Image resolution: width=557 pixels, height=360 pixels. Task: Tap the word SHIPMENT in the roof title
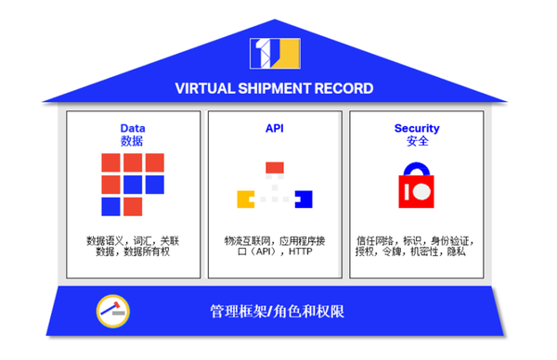click(x=276, y=89)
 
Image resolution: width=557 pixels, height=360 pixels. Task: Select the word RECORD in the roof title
click(x=344, y=89)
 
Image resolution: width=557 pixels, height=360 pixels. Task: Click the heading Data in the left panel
click(x=133, y=128)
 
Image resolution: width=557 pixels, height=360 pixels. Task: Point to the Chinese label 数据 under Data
click(x=133, y=141)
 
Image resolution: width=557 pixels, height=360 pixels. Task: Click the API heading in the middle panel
click(x=274, y=128)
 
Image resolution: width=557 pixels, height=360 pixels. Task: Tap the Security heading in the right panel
click(x=416, y=128)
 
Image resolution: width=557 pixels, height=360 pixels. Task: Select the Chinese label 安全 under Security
click(x=416, y=141)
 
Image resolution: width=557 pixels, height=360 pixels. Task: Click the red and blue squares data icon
click(x=133, y=184)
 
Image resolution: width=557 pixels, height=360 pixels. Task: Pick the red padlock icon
click(x=417, y=188)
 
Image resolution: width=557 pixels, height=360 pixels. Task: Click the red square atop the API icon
click(x=274, y=168)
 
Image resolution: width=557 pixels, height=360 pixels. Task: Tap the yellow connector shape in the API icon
click(x=245, y=198)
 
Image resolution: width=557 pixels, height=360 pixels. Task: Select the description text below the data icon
click(x=133, y=245)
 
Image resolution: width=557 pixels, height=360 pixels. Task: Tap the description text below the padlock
click(x=416, y=245)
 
